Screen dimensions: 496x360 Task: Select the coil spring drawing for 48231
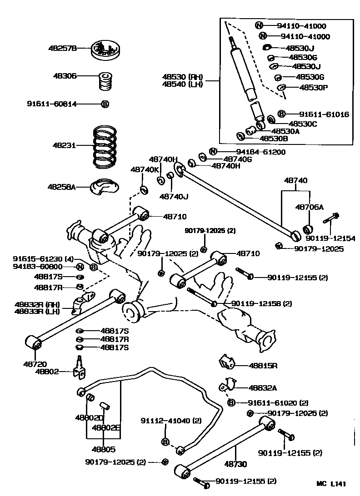click(105, 145)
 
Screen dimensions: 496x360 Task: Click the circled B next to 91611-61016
click(281, 114)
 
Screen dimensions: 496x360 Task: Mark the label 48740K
click(145, 169)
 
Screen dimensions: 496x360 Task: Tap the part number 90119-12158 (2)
click(261, 303)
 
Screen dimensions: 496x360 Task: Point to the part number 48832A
click(263, 387)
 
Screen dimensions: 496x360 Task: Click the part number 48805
click(103, 449)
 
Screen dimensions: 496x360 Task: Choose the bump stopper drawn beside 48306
click(105, 81)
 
